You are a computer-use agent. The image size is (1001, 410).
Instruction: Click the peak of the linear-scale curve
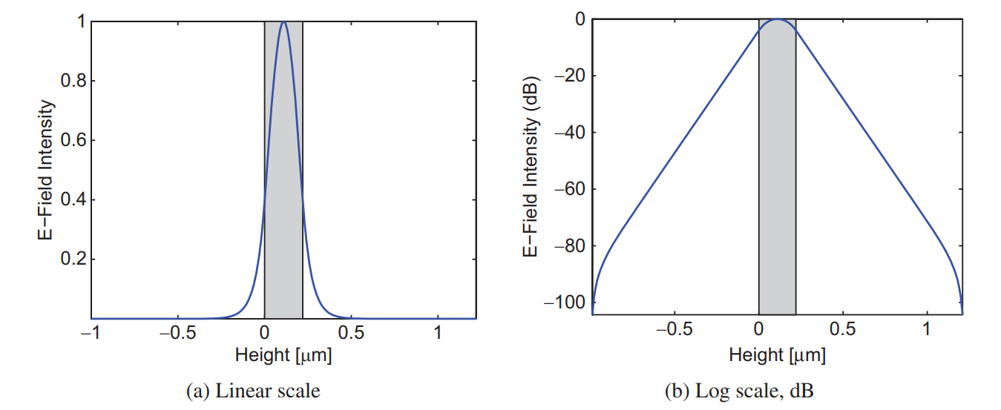tap(283, 22)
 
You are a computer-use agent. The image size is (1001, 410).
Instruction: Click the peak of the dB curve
tap(777, 20)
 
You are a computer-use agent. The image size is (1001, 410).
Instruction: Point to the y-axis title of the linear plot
tap(46, 171)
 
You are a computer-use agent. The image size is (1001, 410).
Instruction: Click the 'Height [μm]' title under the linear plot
tap(283, 355)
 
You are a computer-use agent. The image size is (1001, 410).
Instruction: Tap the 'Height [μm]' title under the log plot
tap(777, 355)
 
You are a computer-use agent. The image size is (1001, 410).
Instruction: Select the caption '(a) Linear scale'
tap(253, 391)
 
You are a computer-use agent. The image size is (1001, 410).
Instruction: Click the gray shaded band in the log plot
tap(777, 185)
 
